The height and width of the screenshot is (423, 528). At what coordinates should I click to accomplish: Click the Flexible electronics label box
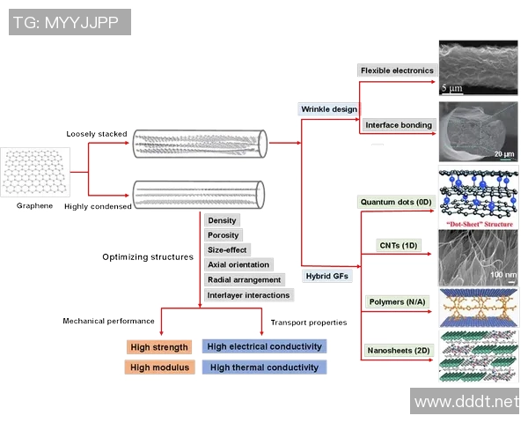point(397,70)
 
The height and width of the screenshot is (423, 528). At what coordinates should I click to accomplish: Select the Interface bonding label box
point(399,125)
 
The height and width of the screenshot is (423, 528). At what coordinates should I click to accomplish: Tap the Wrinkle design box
point(329,109)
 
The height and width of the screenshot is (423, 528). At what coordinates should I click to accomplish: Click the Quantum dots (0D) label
point(396,202)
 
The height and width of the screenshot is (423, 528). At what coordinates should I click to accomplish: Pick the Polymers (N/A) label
point(397,301)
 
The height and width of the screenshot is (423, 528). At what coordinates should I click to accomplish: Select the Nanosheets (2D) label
point(398,351)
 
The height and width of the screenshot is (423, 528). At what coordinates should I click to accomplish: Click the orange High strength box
point(159,346)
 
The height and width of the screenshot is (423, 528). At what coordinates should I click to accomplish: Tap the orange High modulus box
point(159,367)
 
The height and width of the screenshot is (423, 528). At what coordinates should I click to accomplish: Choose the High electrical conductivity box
point(265,346)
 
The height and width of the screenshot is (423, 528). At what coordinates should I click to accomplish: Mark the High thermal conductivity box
point(265,367)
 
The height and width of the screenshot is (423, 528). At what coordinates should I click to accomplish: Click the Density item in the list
point(222,220)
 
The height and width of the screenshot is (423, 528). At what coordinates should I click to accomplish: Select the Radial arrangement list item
point(243,279)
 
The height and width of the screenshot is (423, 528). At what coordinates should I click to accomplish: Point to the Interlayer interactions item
point(248,294)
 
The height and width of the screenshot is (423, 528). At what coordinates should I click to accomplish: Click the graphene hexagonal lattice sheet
point(35,172)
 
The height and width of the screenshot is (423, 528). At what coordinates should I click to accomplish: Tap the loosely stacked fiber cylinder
point(199,144)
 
